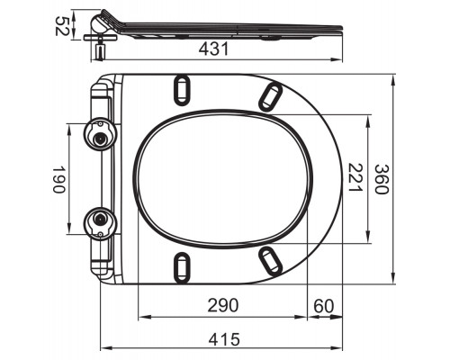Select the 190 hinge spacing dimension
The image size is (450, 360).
(x=57, y=178)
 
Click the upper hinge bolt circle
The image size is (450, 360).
(x=100, y=136)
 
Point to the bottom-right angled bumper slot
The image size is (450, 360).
(x=269, y=261)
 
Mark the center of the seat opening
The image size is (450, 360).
(x=223, y=177)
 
